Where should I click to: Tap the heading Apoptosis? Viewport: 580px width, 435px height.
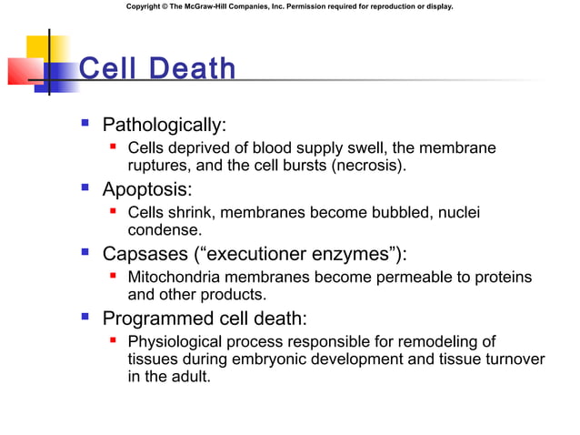146,189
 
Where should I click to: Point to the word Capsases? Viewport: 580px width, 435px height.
143,254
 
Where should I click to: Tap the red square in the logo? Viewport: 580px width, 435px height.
23,70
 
